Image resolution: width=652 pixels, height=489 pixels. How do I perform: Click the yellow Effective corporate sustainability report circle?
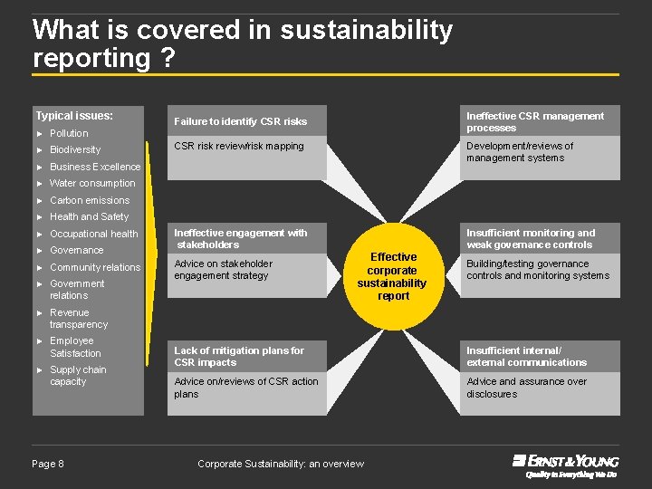coord(393,276)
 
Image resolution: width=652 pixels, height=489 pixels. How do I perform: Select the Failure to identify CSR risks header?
coord(241,121)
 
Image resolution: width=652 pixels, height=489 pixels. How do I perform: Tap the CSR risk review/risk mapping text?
coord(239,146)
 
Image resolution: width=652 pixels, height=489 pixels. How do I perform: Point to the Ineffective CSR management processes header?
coord(534,121)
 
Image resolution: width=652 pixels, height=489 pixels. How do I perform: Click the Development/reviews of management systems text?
coord(520,151)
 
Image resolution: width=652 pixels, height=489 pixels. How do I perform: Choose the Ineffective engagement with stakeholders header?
coord(241,238)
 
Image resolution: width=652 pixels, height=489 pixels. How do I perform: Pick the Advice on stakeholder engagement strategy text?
coord(223,269)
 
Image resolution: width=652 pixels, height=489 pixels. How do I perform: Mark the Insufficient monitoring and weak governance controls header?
coord(531,238)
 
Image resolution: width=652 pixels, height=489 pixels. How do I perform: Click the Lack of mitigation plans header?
coord(239,356)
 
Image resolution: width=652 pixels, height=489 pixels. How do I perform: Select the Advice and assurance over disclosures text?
coord(526,388)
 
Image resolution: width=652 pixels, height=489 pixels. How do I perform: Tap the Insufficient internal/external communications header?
coord(526,356)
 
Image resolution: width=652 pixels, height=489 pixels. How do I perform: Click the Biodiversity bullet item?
coord(75,149)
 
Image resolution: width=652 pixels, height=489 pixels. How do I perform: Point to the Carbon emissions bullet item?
coord(90,200)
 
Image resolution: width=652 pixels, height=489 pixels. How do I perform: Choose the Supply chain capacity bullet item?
coord(78,376)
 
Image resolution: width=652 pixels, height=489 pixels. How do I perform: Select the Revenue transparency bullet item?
coord(79,318)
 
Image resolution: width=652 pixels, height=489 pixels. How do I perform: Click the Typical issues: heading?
coord(74,116)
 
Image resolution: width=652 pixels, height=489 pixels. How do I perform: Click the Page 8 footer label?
coord(48,464)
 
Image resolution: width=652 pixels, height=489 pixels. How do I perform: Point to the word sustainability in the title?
coord(366,30)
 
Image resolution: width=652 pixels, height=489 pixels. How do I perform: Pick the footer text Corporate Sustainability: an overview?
coord(281,464)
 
